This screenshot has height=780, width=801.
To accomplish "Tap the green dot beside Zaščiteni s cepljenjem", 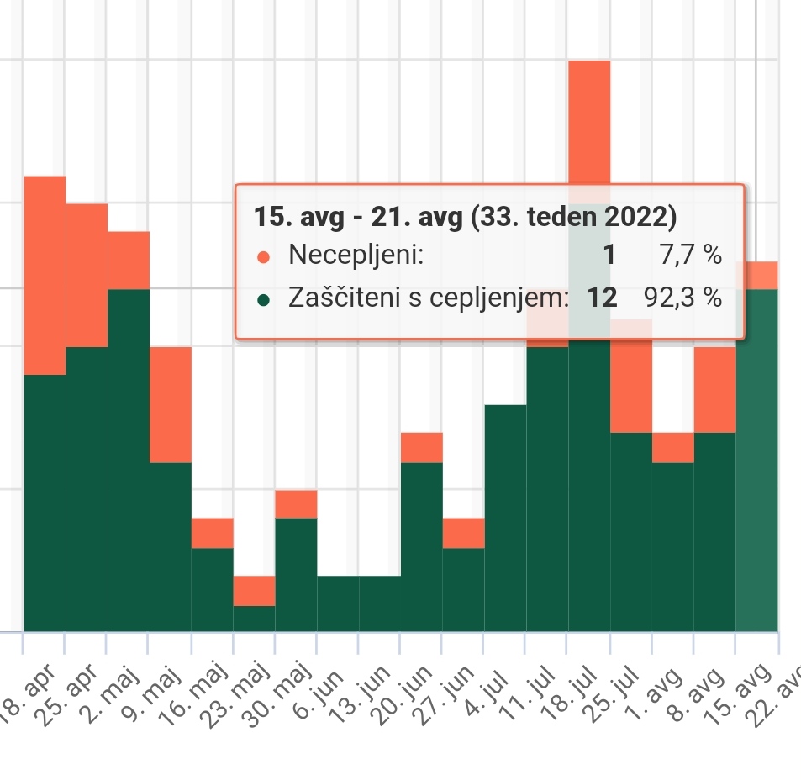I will [x=264, y=298].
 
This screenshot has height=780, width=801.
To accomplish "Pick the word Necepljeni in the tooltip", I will [x=356, y=255].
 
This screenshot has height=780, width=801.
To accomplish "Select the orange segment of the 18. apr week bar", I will [x=45, y=275].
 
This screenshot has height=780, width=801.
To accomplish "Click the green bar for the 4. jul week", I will [x=505, y=517].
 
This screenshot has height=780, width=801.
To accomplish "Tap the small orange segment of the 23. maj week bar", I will [x=254, y=591].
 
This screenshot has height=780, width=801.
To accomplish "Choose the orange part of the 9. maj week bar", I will [x=171, y=404].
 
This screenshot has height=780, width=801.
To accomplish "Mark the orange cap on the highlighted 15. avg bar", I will [x=756, y=275].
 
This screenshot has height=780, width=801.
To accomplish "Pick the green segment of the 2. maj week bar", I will [x=129, y=460].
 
